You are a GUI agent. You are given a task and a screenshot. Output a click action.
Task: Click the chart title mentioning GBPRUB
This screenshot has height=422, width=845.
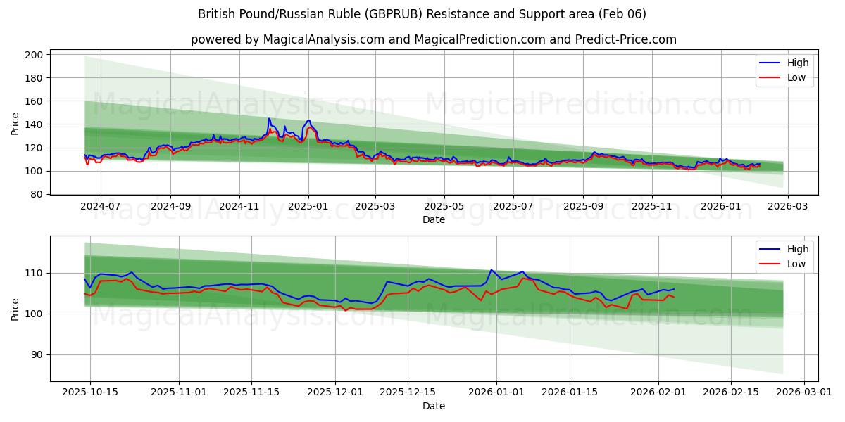tap(423, 14)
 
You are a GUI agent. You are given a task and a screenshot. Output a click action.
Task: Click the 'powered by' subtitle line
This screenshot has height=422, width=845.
tap(434, 39)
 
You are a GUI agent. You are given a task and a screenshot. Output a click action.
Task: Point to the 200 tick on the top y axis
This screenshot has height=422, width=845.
tap(35, 55)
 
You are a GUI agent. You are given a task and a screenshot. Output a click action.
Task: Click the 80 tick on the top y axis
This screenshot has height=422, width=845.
tap(37, 194)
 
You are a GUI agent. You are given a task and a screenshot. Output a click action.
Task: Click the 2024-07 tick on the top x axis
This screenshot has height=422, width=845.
tap(100, 206)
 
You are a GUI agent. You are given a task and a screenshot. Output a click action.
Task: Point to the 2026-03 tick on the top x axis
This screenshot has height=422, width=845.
tap(787, 206)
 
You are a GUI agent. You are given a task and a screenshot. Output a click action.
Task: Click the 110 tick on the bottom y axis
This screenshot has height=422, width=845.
tap(35, 273)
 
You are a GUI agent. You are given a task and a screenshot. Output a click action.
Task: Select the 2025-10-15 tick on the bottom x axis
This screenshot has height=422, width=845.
tap(89, 392)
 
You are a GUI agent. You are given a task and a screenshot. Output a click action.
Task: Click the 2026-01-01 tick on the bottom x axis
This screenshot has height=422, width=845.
tap(496, 392)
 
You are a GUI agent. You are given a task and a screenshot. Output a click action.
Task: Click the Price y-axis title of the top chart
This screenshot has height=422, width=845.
tap(15, 123)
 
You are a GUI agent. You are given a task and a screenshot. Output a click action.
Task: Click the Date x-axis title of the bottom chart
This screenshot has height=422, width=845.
tap(434, 406)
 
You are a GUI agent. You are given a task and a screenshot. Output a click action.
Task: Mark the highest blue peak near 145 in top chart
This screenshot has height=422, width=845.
tap(268, 118)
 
